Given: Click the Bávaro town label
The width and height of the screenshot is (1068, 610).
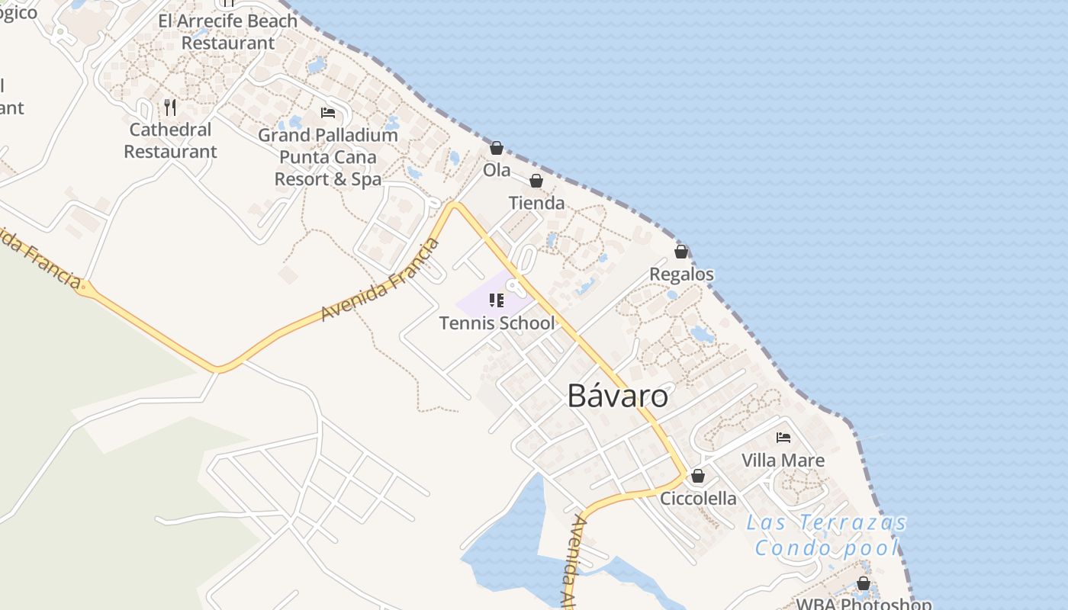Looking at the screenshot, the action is point(618,396).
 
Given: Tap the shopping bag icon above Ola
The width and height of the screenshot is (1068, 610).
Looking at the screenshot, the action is point(497,148).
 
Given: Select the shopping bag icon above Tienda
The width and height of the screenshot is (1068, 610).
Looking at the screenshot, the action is point(536,181).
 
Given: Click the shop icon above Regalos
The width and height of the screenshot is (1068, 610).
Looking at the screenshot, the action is point(681,252).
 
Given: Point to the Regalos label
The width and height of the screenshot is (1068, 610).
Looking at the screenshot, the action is point(681,274).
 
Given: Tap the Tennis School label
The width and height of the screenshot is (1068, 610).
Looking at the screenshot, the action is point(497,323).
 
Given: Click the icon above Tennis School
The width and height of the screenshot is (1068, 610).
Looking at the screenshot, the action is point(497,300).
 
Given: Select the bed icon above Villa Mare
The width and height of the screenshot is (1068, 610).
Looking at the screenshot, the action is point(783,438).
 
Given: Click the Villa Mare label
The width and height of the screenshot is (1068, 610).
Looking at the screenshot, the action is point(783,461).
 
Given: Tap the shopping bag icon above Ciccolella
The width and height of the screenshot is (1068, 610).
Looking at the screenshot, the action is point(698,476).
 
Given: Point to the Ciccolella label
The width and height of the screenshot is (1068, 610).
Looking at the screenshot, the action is point(698,499).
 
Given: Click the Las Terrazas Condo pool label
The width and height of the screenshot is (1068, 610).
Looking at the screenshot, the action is point(827,535).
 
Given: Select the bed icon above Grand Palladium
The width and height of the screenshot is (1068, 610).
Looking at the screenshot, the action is point(328,113).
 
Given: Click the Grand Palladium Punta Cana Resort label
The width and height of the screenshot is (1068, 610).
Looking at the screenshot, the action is point(328,157).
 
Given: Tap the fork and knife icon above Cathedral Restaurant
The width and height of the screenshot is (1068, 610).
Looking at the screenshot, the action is point(170,108).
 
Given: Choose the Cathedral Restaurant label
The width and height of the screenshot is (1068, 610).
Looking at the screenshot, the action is point(170,140).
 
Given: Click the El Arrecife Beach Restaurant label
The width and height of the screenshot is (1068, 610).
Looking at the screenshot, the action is point(227,32).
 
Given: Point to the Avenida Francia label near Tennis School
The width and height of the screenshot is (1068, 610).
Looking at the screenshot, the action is point(381,280).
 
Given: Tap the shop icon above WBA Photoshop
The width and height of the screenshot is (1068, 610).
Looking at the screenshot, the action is point(864,583).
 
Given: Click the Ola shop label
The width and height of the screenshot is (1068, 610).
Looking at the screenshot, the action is point(497,171).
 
